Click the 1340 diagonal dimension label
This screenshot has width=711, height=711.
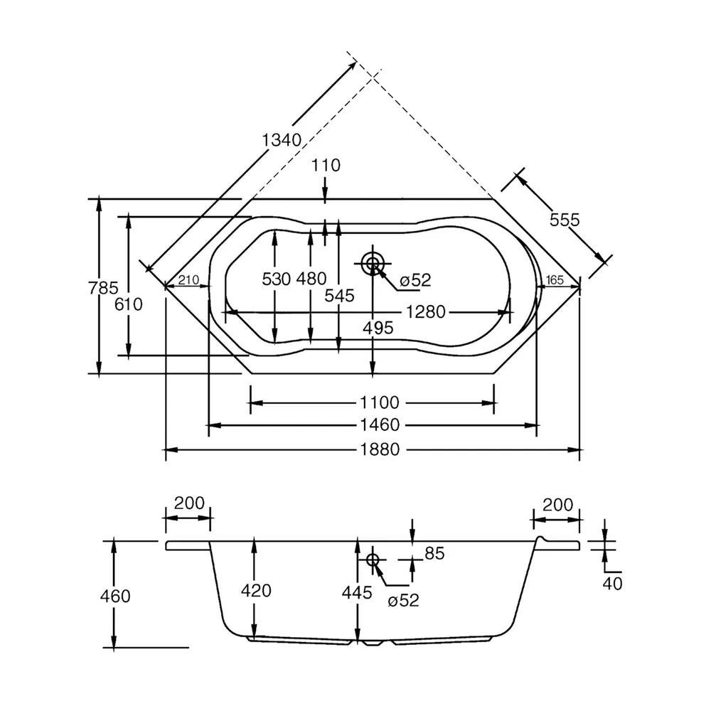(x=282, y=140)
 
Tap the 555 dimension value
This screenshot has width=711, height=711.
(x=565, y=220)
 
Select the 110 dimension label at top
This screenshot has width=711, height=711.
(x=326, y=166)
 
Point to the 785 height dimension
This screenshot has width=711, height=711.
(x=103, y=288)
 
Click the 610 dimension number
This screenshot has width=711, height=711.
(x=128, y=304)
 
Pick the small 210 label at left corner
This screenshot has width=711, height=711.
(x=188, y=280)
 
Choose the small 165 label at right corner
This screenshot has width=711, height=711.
(x=555, y=280)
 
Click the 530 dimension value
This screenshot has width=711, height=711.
(x=276, y=279)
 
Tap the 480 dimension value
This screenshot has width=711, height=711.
(x=311, y=279)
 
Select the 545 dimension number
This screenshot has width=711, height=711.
(x=339, y=296)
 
